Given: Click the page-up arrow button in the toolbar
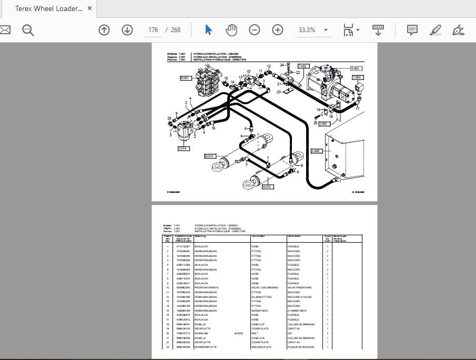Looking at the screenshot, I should [104, 30].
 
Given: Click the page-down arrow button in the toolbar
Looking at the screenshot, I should [127, 30].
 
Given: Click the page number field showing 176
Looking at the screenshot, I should [153, 30].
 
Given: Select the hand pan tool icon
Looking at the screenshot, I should [231, 30].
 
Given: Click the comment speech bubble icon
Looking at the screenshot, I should [412, 30].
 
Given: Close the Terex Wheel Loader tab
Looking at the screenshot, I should [90, 8].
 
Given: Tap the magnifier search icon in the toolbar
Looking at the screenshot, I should [28, 30].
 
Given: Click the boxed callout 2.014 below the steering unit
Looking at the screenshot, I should [184, 148].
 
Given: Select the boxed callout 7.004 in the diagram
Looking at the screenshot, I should [357, 78].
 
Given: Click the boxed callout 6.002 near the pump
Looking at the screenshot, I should [355, 68].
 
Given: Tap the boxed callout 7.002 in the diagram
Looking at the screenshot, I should [303, 67].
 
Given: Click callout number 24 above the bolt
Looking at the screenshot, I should [282, 65].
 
